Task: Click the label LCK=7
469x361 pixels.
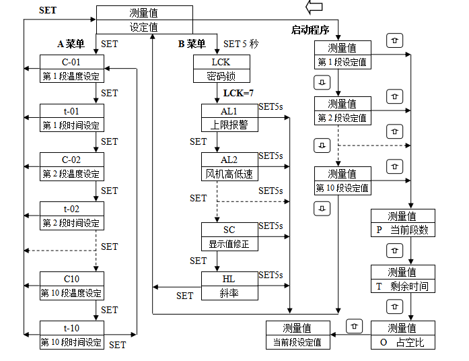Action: (x=238, y=93)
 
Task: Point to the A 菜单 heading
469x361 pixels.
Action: (x=71, y=44)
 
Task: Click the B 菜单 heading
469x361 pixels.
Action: (x=192, y=44)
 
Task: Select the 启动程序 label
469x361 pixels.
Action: (x=310, y=30)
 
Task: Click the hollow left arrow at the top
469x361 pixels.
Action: (x=314, y=7)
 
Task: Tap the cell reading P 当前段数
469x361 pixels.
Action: (x=402, y=230)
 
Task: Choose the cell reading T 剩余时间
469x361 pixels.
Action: (x=402, y=286)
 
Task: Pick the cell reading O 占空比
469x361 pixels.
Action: (x=402, y=342)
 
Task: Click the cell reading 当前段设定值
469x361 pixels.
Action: (x=297, y=342)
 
